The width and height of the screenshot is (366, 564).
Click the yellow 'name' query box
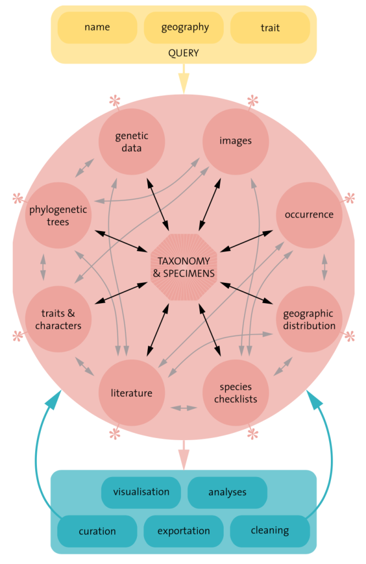tap(97, 28)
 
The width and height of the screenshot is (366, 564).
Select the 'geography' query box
tap(184, 28)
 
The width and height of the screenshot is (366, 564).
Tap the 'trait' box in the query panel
tap(270, 28)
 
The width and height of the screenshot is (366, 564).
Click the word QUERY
tap(184, 53)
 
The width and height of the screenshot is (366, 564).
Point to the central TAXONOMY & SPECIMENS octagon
tap(184, 266)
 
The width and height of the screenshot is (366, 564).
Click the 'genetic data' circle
tap(132, 141)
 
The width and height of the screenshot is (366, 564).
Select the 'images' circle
tap(235, 141)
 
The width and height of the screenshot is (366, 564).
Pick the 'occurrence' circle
tap(309, 215)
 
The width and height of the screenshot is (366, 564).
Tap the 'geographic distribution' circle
tap(309, 319)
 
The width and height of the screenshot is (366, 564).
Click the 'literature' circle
tap(131, 393)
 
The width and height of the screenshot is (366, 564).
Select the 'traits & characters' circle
tap(58, 319)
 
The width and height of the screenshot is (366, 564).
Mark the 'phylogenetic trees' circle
tap(58, 215)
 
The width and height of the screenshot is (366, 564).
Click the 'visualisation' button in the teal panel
tap(141, 492)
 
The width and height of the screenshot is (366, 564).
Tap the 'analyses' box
tap(227, 492)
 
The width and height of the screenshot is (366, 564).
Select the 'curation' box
tap(97, 531)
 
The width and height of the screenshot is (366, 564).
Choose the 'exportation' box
tap(184, 531)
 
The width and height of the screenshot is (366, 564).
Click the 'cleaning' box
tap(270, 530)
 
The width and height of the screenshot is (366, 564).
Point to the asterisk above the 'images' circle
tap(252, 101)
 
